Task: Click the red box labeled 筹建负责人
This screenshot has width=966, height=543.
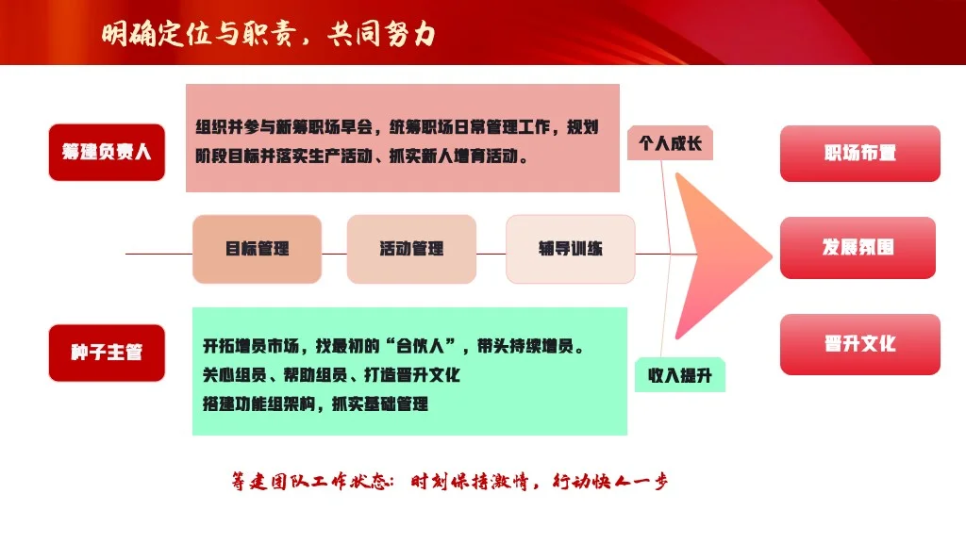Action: click(x=107, y=152)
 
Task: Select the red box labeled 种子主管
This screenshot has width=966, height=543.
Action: click(x=107, y=353)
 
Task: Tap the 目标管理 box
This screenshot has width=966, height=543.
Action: click(x=258, y=249)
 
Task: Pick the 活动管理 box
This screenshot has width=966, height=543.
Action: click(x=411, y=249)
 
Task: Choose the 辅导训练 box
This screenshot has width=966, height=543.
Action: click(x=571, y=249)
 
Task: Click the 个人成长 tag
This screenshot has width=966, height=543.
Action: click(x=670, y=144)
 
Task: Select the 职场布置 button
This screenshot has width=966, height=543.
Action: click(x=859, y=153)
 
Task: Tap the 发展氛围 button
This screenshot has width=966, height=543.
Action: click(x=858, y=248)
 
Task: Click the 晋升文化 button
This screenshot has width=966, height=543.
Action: click(x=859, y=344)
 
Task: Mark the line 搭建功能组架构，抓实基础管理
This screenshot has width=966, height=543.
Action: click(x=315, y=404)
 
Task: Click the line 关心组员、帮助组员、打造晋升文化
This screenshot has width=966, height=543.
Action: click(x=331, y=375)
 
